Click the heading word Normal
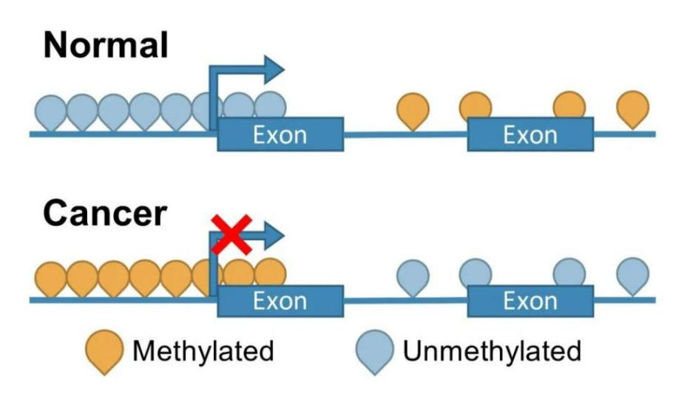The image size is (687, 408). click(x=106, y=46)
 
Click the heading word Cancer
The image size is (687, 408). click(x=104, y=214)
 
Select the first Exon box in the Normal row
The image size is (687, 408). click(x=280, y=134)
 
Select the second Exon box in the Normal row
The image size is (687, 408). click(x=529, y=134)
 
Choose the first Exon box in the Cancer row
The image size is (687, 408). click(x=280, y=301)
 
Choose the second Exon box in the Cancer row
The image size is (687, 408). click(x=529, y=301)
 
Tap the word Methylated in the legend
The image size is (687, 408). click(x=203, y=351)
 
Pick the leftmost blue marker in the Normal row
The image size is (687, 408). click(x=51, y=112)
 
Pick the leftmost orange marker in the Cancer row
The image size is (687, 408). click(x=51, y=278)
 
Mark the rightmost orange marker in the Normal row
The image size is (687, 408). click(x=633, y=108)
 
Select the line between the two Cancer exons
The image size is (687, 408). click(x=405, y=301)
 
